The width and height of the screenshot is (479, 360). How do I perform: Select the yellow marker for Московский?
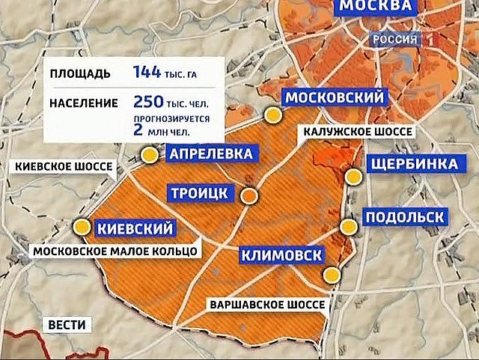pos(275,115)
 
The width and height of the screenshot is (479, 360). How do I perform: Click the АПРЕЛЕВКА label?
pos(210,155)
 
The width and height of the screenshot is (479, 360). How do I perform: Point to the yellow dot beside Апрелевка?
pos(150,155)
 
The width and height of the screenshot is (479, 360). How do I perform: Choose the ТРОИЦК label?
pos(198,193)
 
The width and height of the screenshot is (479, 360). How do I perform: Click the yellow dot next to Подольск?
pos(348,226)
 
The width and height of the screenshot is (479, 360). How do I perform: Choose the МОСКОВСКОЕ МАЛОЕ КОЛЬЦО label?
pos(116,251)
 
